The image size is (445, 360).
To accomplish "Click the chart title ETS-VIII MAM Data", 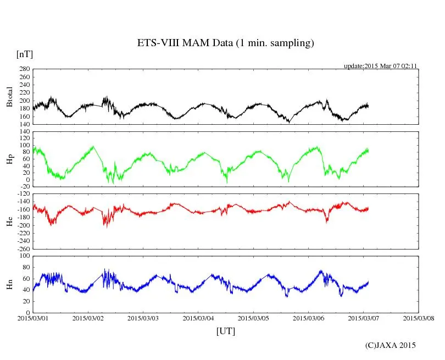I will point(225,43).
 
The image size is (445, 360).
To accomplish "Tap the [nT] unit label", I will point(24,54).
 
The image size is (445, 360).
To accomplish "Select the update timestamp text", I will point(381,66).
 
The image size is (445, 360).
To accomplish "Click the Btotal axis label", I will point(9,97).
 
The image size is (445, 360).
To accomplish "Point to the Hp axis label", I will point(9,159).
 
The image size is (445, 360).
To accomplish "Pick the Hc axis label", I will point(9,221).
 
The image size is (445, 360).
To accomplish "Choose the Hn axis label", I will point(9,284).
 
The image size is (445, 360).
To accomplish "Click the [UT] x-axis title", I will point(225,331).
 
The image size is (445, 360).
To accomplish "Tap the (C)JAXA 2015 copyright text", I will point(390,345).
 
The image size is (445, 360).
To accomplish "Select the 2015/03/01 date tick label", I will point(32,318).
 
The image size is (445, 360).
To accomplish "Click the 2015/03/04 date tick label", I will point(198,318).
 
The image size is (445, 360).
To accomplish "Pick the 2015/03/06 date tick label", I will point(308,318).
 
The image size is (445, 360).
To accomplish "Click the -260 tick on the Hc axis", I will point(23,249).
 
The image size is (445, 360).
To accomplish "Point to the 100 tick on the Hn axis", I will point(24,256).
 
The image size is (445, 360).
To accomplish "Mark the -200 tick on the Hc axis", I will point(23,225).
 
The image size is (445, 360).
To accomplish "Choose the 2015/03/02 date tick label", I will point(88,318).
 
